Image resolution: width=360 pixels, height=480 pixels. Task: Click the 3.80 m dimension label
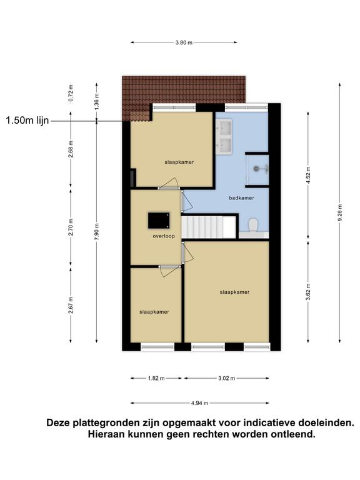coord(184,42)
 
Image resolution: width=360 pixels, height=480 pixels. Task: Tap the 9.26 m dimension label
coord(340,212)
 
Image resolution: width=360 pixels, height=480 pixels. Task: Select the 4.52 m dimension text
coord(308,175)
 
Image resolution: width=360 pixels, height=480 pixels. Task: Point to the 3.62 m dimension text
coord(308,292)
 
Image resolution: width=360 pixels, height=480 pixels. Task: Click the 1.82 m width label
coord(156,378)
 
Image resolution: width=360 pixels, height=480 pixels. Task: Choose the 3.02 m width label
coord(226,378)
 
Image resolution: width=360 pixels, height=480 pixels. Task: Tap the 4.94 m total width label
coord(199,403)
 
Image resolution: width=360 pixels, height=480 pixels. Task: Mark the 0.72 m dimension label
coord(71,93)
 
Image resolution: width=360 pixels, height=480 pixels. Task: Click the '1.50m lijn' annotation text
coord(27,120)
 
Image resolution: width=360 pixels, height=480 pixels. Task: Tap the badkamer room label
coord(241,198)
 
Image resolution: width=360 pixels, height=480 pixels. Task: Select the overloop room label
coord(164,236)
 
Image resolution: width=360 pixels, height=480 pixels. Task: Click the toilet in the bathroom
coord(253,225)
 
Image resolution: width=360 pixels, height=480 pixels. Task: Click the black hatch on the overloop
coord(159,221)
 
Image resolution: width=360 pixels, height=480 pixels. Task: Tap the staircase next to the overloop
coord(208,227)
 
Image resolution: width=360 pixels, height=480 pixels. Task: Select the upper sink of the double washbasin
coord(224,127)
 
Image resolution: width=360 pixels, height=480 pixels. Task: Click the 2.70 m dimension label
coord(71,227)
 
